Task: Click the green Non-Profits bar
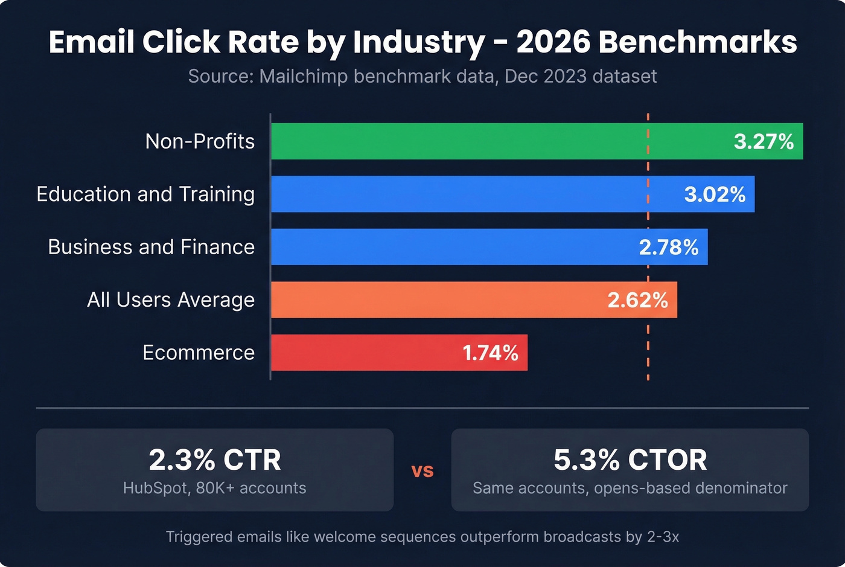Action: pos(495,141)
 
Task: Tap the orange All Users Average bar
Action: pos(435,300)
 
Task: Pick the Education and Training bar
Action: pos(471,194)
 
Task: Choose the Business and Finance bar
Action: pos(447,247)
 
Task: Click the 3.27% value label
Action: pos(764,141)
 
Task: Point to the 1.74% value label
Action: pos(490,353)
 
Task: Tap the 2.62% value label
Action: pos(637,300)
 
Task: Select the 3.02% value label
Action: pos(715,194)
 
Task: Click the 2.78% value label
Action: pos(669,247)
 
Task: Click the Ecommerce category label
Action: pos(199,353)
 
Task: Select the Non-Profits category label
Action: pos(200,141)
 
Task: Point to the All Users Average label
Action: pos(171,300)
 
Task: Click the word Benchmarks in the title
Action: pos(698,42)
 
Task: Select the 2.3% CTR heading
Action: pos(215,460)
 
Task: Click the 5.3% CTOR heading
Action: pos(630,460)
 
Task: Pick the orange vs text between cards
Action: pos(422,470)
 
